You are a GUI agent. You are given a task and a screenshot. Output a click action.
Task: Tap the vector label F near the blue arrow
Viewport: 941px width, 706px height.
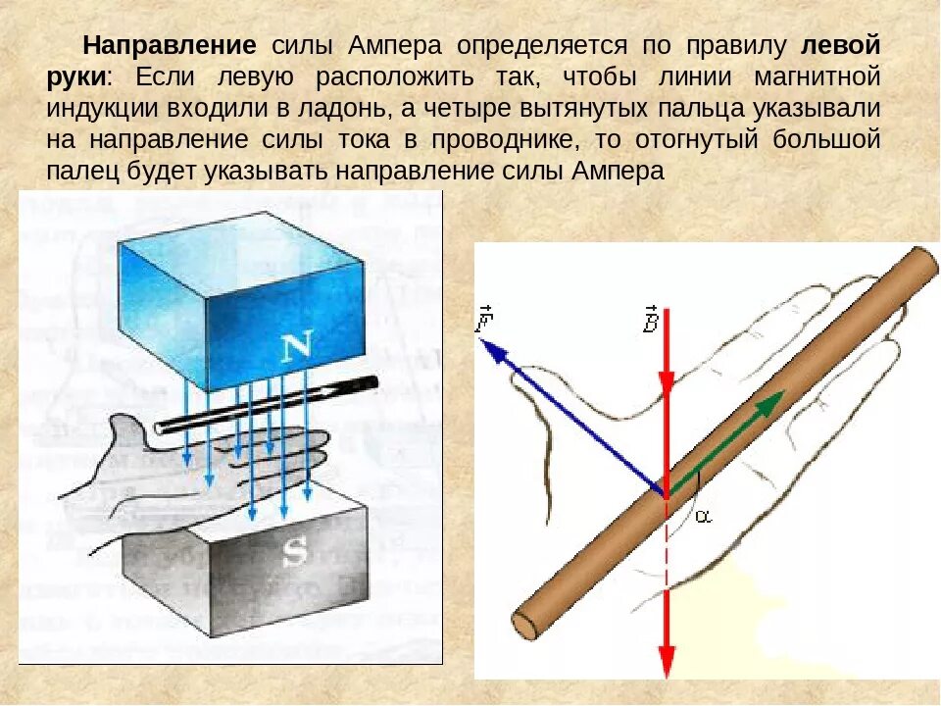coord(484,319)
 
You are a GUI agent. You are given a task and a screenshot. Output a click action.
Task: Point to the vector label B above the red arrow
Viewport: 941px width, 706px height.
coord(650,319)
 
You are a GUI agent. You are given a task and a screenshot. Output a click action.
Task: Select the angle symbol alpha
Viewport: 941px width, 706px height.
coord(703,517)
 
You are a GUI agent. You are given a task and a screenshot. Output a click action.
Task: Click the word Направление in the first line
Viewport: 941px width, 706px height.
coord(170,46)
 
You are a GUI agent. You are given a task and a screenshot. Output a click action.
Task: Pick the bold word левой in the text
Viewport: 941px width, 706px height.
coord(840,46)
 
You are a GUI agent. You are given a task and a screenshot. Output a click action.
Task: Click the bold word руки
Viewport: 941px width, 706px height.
coord(75,77)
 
